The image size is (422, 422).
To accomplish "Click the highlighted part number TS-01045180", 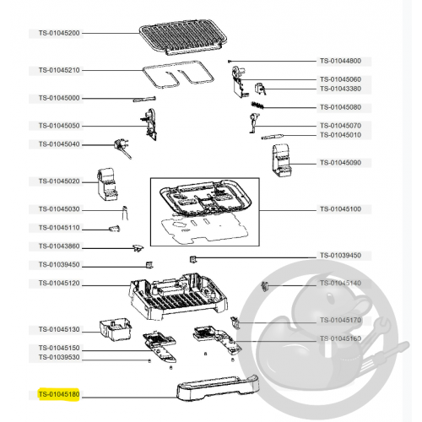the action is click(x=59, y=394).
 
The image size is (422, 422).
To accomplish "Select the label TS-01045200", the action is click(x=59, y=33).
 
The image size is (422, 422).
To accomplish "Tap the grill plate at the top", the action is click(x=183, y=37).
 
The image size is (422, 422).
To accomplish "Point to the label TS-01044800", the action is click(x=340, y=61).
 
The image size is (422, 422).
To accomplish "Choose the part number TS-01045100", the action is click(x=340, y=209).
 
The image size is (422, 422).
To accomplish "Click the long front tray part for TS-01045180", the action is click(x=218, y=387).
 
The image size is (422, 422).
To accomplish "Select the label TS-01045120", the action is click(x=59, y=283).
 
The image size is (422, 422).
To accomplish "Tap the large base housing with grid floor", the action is click(x=179, y=296).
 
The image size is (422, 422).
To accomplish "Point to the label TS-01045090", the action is click(x=340, y=163).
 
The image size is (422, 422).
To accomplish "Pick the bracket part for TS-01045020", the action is click(x=107, y=184).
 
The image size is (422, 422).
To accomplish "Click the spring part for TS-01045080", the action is click(x=257, y=105).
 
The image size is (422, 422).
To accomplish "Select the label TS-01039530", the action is click(x=59, y=357).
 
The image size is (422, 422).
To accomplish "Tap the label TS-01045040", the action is click(x=59, y=144).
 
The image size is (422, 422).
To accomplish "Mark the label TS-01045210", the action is click(x=59, y=70).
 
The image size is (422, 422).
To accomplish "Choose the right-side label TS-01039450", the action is click(x=340, y=256).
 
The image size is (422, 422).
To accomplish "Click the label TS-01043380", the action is click(x=340, y=89).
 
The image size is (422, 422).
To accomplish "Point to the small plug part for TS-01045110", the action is click(x=115, y=229).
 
